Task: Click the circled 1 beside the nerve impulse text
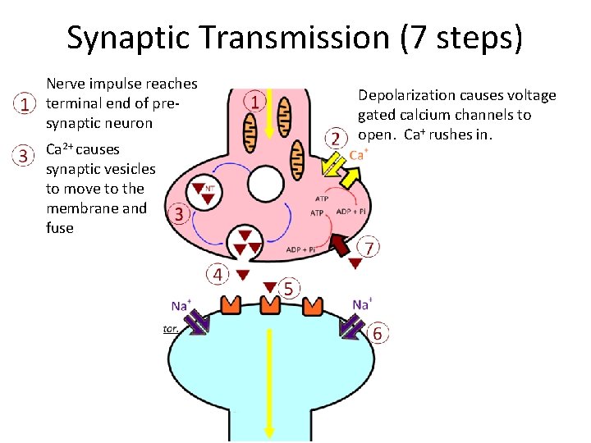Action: (x=27, y=104)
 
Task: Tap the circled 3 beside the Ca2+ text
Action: (x=27, y=153)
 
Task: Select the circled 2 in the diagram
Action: (x=335, y=138)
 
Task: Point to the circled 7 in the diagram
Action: (x=371, y=247)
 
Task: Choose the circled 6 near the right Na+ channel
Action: (x=378, y=334)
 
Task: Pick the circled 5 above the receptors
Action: (x=288, y=288)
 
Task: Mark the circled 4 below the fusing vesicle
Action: (x=218, y=273)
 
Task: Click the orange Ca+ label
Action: (x=359, y=154)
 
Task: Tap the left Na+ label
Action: (x=181, y=305)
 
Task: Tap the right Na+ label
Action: (x=361, y=304)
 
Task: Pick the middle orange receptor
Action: (x=271, y=304)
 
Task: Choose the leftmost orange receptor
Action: (x=230, y=304)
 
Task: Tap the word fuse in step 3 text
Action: (x=60, y=228)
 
